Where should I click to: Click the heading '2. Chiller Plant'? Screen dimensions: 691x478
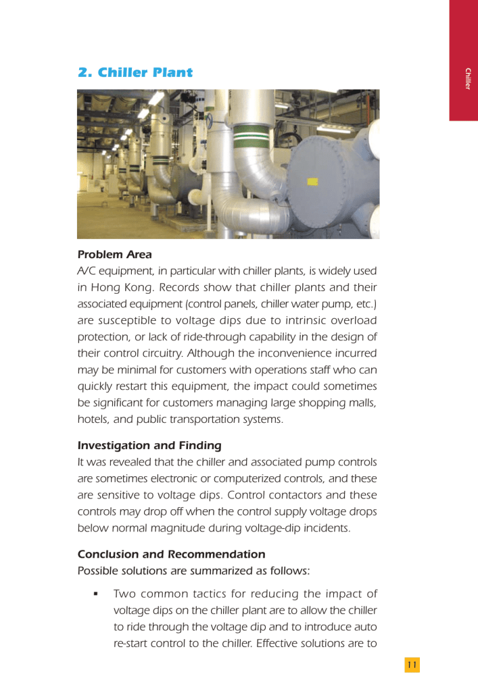point(135,72)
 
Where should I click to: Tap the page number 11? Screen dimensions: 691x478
point(412,665)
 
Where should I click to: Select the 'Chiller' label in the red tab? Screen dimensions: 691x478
point(467,79)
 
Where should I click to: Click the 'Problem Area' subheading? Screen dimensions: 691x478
point(114,255)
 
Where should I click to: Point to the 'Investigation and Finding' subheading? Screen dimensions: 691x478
point(149,445)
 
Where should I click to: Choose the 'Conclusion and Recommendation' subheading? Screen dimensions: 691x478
point(171,554)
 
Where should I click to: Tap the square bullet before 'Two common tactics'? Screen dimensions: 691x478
point(96,594)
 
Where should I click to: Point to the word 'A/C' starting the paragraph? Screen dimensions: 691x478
point(87,271)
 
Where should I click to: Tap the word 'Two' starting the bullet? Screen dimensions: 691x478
point(125,594)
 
